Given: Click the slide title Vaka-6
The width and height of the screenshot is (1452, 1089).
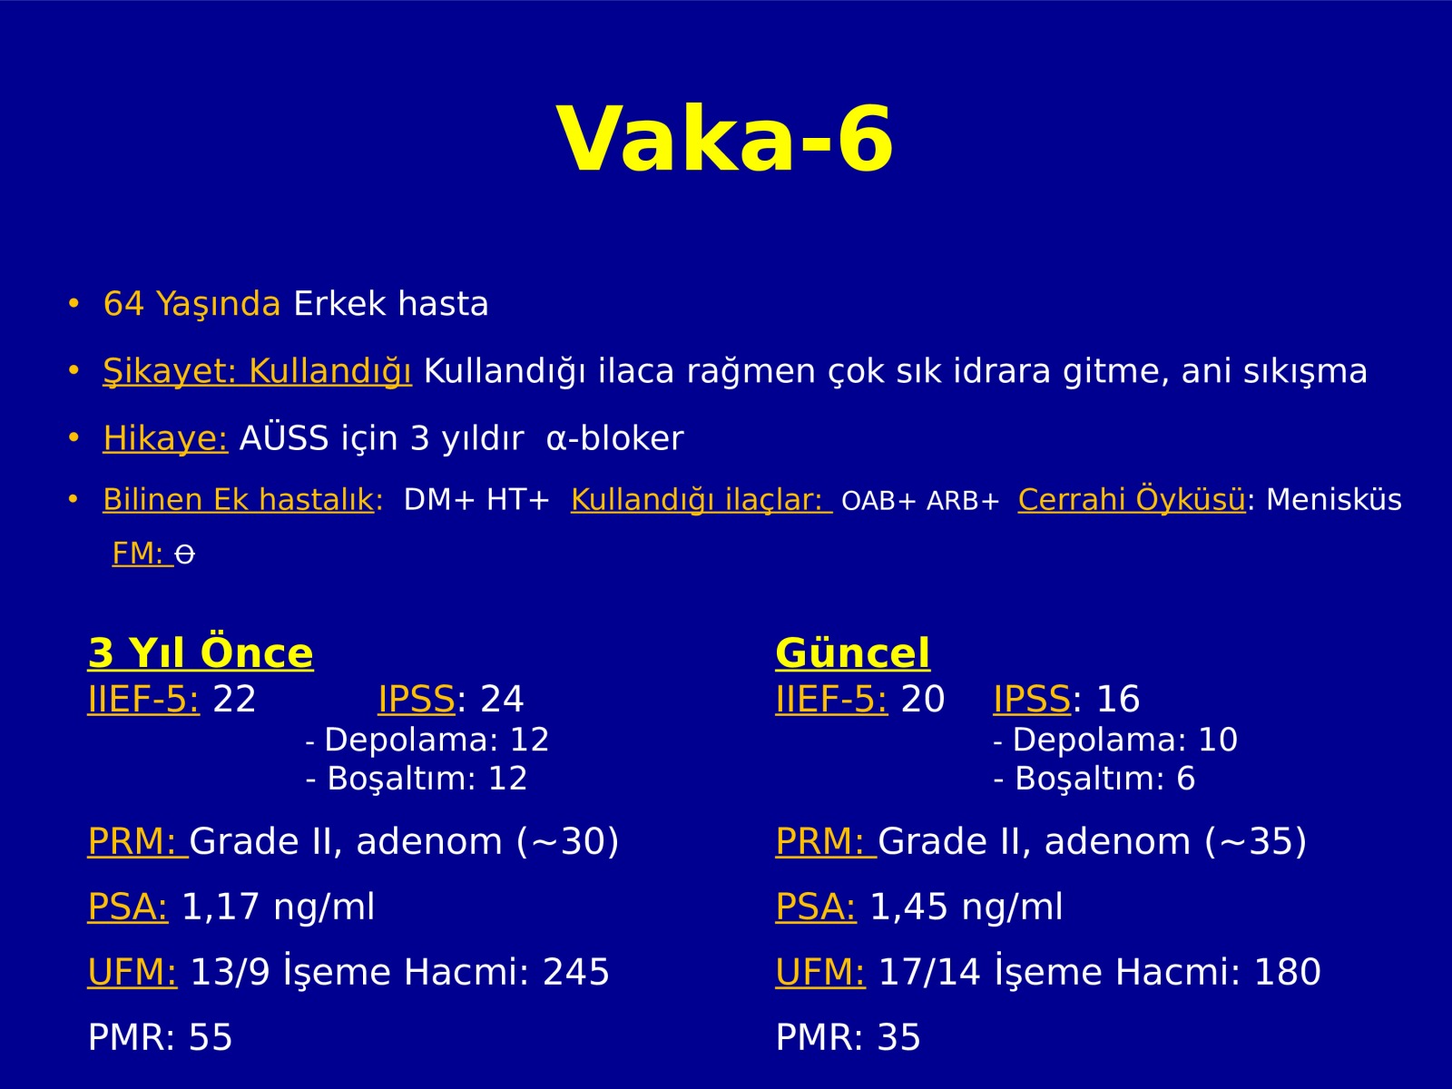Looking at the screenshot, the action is click(x=725, y=139).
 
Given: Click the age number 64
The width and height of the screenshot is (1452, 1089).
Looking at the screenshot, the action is click(x=123, y=303).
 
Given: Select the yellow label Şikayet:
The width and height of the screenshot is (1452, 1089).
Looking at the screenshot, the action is click(x=170, y=371).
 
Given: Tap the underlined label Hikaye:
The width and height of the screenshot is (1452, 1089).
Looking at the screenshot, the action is click(x=165, y=437).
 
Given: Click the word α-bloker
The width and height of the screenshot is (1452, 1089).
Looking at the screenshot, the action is click(x=614, y=437).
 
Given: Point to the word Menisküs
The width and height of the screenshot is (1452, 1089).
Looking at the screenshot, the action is click(x=1334, y=500).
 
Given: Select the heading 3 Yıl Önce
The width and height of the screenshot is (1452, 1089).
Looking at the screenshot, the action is click(x=201, y=652).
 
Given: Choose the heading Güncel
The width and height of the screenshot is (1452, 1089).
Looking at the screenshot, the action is click(x=853, y=653).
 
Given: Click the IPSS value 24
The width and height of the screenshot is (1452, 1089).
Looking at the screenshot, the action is click(x=502, y=699).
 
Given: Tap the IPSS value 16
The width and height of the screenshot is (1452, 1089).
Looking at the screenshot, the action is click(x=1118, y=699).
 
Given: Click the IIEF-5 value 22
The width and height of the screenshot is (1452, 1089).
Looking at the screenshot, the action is click(x=234, y=699).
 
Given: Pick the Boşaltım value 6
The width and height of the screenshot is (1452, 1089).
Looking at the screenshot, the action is click(x=1185, y=779).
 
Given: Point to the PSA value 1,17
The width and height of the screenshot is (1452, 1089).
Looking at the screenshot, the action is click(x=220, y=907).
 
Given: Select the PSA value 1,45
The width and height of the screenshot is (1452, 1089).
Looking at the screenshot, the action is click(x=909, y=907).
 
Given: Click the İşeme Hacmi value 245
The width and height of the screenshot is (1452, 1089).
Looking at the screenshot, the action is click(x=575, y=972).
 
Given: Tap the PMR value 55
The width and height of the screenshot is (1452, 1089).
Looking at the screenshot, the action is click(x=211, y=1037).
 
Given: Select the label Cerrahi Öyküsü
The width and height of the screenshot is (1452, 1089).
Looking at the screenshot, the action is click(x=1132, y=499).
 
